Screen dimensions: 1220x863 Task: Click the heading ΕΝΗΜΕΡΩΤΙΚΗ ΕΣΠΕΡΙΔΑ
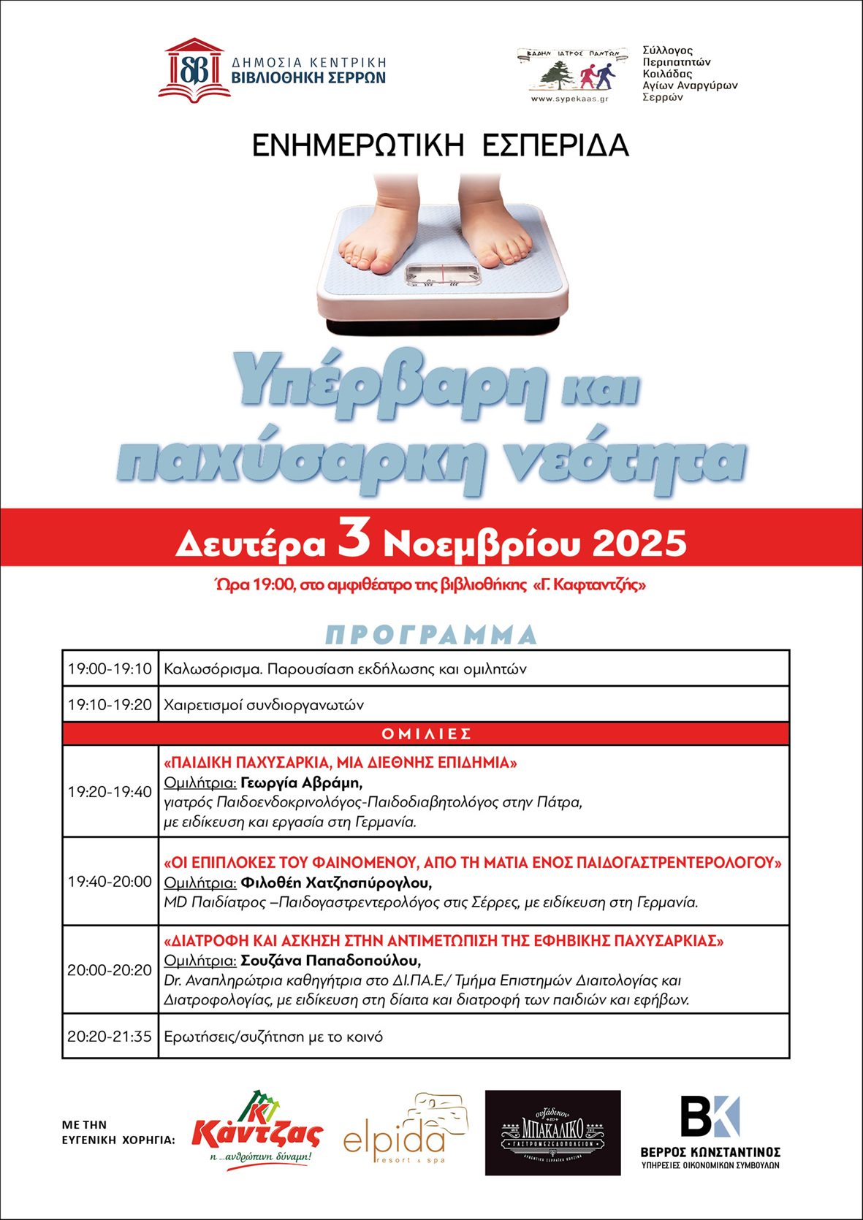440,145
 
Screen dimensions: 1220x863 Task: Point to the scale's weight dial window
443,275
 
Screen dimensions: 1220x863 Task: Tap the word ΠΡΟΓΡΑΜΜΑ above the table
431,634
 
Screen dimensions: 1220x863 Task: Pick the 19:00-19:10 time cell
110,668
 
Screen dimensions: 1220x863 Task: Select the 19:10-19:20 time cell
110,705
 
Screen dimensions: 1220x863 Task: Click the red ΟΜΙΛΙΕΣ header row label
427,733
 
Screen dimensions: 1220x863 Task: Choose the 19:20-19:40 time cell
110,792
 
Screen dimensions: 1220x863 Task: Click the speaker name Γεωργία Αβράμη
301,783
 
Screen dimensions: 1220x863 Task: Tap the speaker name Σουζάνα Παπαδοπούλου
330,960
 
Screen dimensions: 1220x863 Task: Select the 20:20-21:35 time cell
110,1036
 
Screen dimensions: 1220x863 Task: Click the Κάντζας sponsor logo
257,1129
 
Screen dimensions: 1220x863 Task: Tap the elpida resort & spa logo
406,1131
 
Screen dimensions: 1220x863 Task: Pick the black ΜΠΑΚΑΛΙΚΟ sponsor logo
552,1132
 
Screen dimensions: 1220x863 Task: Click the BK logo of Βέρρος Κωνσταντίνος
710,1117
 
